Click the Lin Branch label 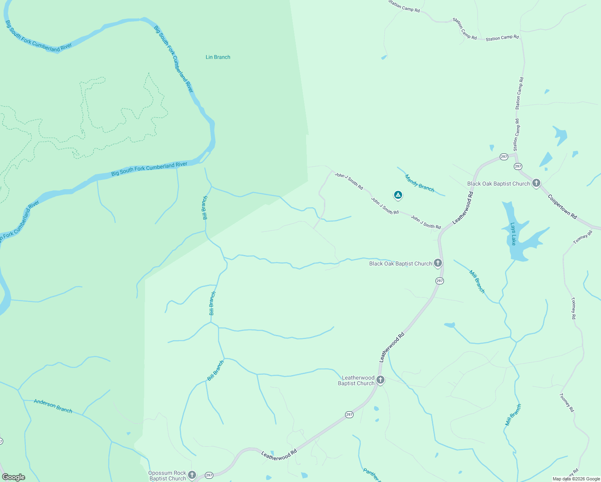(x=218, y=57)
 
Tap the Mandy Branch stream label (x=419, y=183)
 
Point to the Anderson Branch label (x=53, y=406)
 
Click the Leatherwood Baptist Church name (x=356, y=380)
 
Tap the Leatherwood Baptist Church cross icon (x=380, y=380)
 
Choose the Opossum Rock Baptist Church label (x=168, y=476)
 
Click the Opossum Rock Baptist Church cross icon (x=192, y=475)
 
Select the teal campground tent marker (x=398, y=195)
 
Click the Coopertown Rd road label (x=562, y=206)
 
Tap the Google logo (x=14, y=477)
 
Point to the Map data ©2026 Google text (x=576, y=479)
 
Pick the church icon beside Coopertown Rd (x=536, y=183)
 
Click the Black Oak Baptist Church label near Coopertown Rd (x=499, y=184)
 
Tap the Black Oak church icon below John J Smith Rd (x=438, y=263)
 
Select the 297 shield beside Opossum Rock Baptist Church (x=209, y=475)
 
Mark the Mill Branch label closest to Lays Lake (x=477, y=281)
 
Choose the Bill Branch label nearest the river (x=205, y=208)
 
